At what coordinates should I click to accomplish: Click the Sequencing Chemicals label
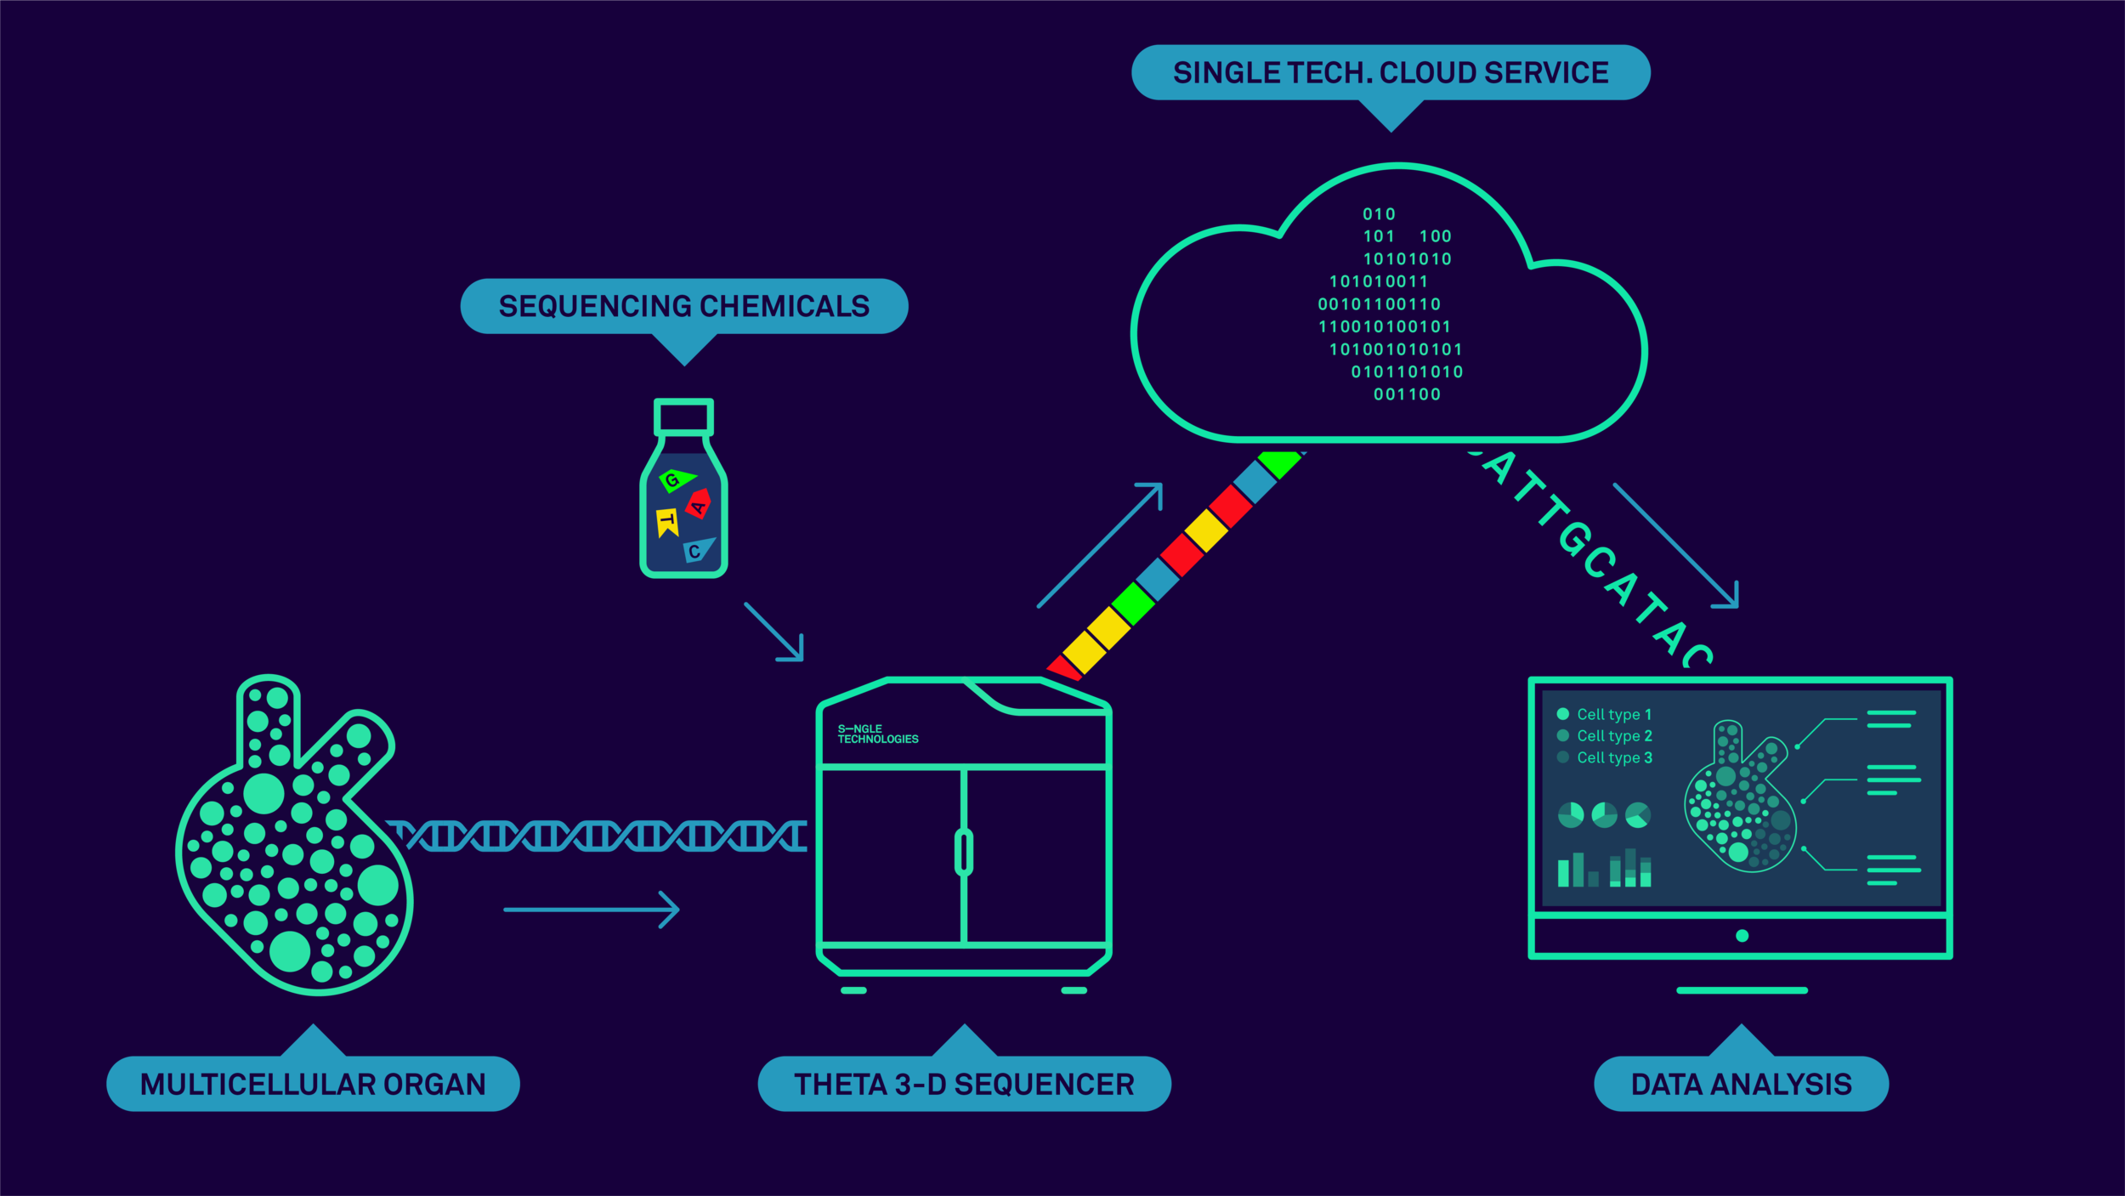pos(683,306)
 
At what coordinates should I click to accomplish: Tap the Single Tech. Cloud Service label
pos(1391,73)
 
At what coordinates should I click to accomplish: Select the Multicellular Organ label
pos(313,1084)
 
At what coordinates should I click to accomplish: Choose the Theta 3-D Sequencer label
pos(964,1084)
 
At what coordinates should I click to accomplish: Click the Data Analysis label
pos(1741,1084)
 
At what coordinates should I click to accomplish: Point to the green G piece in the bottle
pos(676,480)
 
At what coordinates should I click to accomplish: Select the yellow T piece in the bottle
pos(667,522)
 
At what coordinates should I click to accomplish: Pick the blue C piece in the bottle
pos(697,551)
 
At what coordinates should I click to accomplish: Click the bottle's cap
pos(683,417)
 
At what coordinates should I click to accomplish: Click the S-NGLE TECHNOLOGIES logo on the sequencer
pos(877,734)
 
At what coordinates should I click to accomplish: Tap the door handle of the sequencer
pos(963,852)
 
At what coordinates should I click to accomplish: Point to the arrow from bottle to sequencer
pos(774,632)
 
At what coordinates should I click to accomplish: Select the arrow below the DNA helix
pos(592,910)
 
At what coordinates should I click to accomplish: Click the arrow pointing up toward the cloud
pos(1100,545)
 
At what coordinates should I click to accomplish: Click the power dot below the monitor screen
pos(1742,936)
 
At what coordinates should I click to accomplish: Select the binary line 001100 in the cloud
pos(1407,394)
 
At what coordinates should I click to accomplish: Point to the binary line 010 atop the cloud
pos(1379,214)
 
